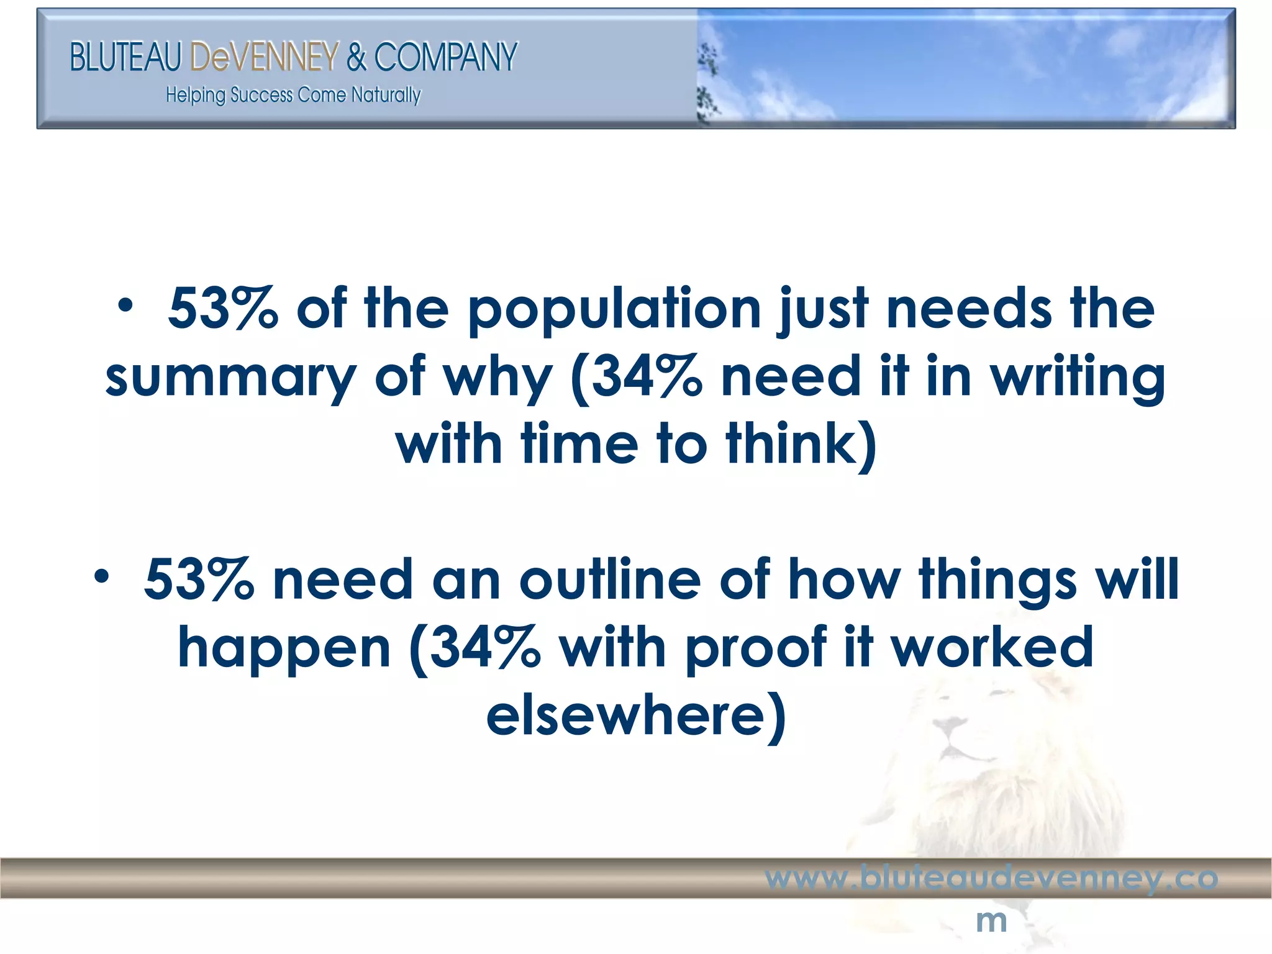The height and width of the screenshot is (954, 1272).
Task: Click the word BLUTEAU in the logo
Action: tap(125, 57)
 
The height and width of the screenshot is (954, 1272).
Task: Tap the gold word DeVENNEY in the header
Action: tap(264, 57)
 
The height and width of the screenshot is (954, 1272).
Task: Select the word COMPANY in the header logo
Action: tap(445, 57)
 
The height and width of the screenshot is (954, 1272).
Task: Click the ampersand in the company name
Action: tap(357, 57)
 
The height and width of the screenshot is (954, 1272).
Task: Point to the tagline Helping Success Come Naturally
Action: tap(293, 95)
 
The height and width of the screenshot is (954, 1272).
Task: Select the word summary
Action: tap(230, 378)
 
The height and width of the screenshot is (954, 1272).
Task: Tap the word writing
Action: tap(1077, 378)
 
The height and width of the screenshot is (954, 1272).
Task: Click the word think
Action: tap(801, 445)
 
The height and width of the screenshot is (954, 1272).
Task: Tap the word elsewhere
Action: tap(635, 716)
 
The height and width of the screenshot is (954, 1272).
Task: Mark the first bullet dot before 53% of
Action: tap(126, 306)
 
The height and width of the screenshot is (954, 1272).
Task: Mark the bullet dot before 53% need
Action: tap(101, 576)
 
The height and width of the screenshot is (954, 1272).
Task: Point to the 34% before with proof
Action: tap(484, 648)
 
